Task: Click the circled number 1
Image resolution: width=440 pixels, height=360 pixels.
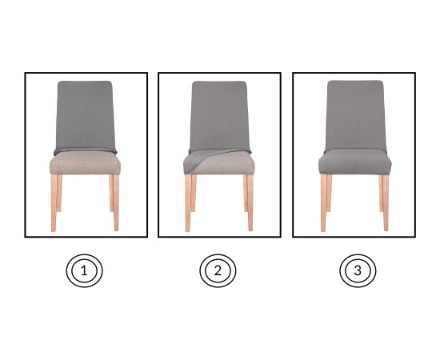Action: tap(84, 270)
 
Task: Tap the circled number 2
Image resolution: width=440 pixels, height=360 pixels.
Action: tap(218, 270)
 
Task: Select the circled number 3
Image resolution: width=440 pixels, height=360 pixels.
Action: tap(358, 270)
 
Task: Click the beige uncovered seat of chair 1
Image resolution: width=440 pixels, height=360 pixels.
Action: tap(85, 163)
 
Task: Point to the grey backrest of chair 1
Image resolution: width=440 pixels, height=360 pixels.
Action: tap(85, 117)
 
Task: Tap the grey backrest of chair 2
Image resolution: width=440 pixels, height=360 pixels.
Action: tap(219, 116)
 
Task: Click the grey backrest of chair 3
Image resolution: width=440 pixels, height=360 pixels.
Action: tap(355, 115)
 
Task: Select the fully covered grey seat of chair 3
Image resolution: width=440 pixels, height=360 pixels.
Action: tap(355, 162)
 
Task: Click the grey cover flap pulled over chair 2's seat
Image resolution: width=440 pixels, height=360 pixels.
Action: tap(197, 162)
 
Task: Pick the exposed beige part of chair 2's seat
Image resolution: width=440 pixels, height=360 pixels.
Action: tap(227, 164)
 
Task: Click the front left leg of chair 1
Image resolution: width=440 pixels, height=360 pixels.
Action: tap(54, 202)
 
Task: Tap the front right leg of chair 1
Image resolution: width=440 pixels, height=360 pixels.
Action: tap(116, 202)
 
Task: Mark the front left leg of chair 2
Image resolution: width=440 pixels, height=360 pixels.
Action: tap(188, 202)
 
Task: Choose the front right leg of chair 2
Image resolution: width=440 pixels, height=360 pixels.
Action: tap(250, 202)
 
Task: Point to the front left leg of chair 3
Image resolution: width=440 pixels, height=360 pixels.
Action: tap(323, 202)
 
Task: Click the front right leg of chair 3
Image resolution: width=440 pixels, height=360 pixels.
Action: tap(386, 202)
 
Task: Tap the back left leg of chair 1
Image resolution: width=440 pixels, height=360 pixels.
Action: tap(59, 193)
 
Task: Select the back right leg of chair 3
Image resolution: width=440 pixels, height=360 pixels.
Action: tap(381, 193)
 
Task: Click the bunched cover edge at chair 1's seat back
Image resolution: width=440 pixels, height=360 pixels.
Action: tap(86, 151)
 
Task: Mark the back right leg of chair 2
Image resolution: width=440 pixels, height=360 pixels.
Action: tap(246, 193)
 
